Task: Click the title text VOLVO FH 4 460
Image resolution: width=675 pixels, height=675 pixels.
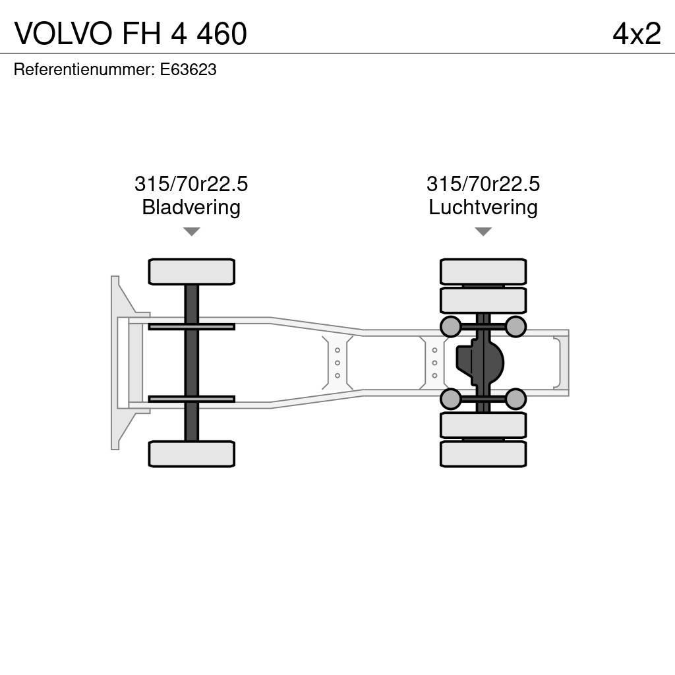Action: point(131,34)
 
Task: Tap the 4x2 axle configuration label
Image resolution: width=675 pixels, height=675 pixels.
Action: point(636,34)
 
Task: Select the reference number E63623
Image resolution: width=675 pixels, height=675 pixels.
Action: point(188,70)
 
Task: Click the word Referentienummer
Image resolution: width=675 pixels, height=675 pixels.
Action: point(83,70)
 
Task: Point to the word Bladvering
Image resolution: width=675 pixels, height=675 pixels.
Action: point(191,208)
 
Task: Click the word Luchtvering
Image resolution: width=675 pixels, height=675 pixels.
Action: point(483,208)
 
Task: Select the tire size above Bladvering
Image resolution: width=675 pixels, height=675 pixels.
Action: point(191,184)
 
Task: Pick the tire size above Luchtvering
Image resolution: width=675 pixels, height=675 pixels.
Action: point(483,184)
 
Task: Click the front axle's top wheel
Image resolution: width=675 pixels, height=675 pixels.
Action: point(191,272)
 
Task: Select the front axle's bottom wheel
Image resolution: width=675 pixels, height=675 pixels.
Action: point(191,454)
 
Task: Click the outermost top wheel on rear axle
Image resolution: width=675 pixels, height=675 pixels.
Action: point(483,272)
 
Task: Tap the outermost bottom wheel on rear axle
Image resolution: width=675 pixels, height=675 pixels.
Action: point(483,454)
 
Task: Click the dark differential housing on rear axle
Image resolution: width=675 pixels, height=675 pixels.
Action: point(479,363)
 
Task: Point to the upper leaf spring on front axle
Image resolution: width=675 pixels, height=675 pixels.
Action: point(191,326)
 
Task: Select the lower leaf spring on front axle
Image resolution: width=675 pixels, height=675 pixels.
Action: point(191,399)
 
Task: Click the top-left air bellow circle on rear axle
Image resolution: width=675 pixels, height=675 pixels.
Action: point(451,326)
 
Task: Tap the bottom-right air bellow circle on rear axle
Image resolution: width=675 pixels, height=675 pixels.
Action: point(515,399)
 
